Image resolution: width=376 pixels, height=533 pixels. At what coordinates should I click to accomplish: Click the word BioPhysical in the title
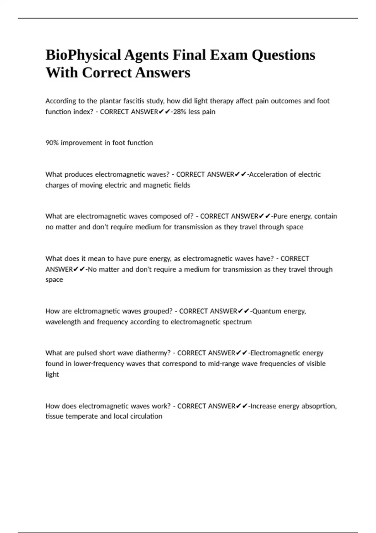pyautogui.click(x=83, y=55)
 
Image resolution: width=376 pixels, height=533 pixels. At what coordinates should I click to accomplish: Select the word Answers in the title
pyautogui.click(x=163, y=73)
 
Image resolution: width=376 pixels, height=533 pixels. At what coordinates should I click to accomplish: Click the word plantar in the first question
pyautogui.click(x=110, y=101)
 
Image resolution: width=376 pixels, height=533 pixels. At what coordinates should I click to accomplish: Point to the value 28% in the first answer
pyautogui.click(x=180, y=112)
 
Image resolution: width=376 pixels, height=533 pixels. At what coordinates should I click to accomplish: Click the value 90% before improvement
pyautogui.click(x=52, y=143)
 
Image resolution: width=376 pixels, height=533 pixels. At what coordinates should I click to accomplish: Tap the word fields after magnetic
pyautogui.click(x=182, y=185)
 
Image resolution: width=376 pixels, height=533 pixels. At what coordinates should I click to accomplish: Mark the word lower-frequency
pyautogui.click(x=99, y=364)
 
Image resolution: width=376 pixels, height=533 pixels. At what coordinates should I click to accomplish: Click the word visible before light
pyautogui.click(x=314, y=364)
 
